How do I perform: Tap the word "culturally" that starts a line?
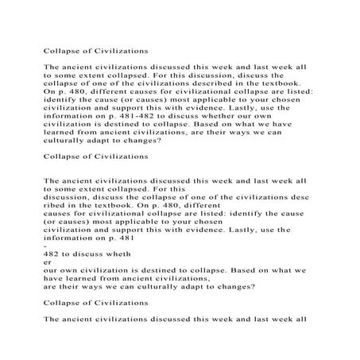pos(68,143)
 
